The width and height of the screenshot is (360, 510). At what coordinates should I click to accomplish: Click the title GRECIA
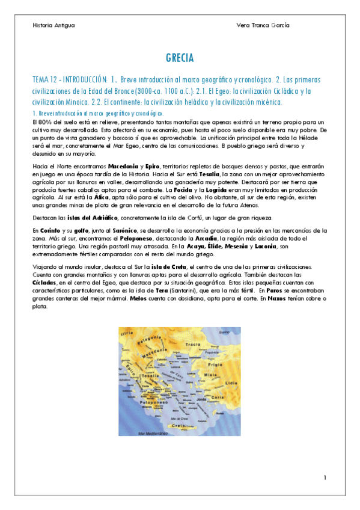[180, 58]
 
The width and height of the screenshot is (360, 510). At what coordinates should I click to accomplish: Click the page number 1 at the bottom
[325, 478]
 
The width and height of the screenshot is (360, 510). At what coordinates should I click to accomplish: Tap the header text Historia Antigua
[54, 25]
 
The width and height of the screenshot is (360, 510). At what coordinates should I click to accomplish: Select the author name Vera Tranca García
[264, 25]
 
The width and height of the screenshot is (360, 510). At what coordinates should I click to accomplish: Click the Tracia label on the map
[193, 345]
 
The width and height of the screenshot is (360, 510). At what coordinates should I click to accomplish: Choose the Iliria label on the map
[127, 333]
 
